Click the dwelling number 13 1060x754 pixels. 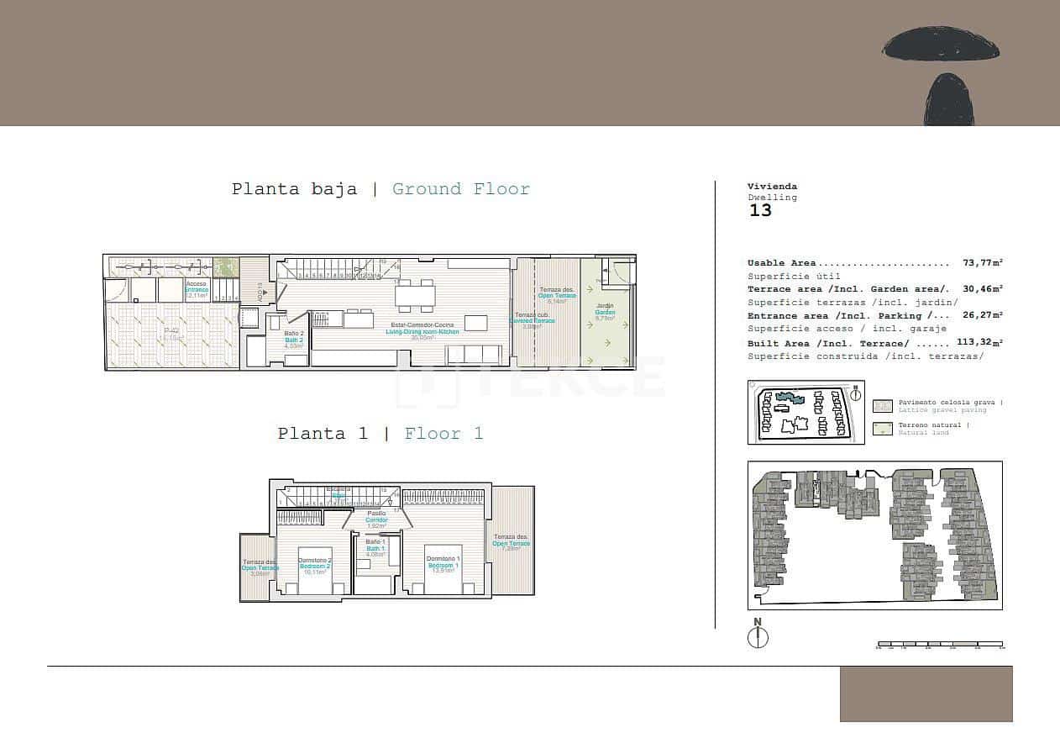(x=759, y=211)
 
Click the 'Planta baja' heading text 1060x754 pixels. (x=294, y=189)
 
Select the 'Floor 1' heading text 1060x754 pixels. (x=443, y=434)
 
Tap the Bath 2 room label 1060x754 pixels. (x=293, y=340)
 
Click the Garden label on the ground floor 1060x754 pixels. (x=605, y=313)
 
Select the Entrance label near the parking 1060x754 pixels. (x=197, y=290)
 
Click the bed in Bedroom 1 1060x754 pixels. (x=442, y=581)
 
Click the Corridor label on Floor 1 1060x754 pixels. (x=376, y=520)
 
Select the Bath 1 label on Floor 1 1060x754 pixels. (x=375, y=548)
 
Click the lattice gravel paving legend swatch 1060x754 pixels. (x=882, y=406)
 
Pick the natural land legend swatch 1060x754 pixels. (x=882, y=429)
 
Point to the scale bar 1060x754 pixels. (x=939, y=646)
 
